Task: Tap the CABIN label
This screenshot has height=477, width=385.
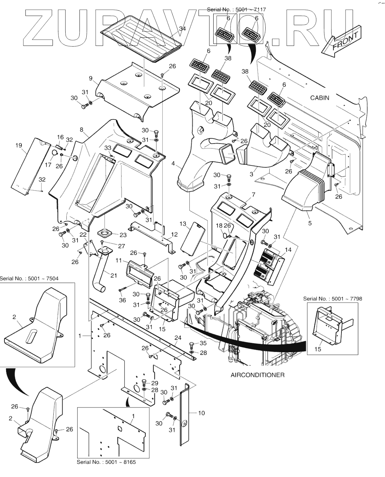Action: [319, 98]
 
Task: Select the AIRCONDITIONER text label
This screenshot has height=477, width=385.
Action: [257, 375]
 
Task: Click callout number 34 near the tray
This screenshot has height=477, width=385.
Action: [182, 29]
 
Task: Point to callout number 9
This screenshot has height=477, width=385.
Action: [91, 79]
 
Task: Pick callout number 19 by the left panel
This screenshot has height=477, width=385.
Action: [19, 146]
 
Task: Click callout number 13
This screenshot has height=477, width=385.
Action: [183, 224]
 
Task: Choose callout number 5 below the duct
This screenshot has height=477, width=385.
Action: [309, 223]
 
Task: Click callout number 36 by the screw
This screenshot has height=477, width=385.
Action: [122, 300]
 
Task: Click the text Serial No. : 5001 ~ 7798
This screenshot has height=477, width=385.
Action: [333, 299]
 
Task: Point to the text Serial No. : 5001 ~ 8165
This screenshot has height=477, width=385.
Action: [106, 462]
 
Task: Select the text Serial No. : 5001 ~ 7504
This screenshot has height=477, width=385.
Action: [29, 278]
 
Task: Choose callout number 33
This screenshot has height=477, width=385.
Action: [107, 148]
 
